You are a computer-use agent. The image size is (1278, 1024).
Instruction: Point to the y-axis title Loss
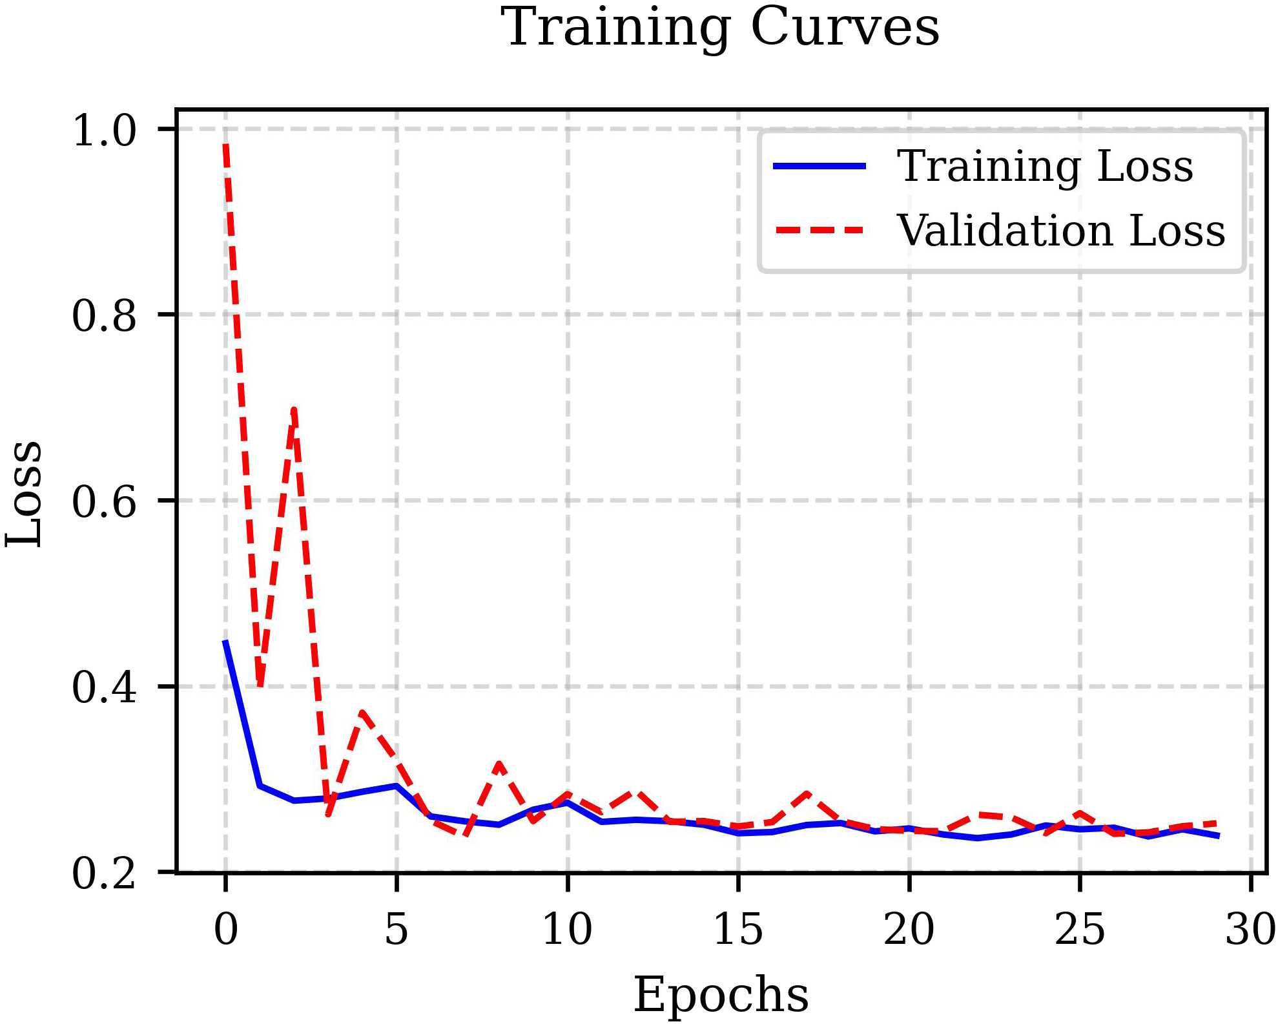coord(25,494)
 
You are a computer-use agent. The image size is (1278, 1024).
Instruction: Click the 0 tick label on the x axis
coord(225,929)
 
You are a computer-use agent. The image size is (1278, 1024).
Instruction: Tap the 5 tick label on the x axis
coord(397,929)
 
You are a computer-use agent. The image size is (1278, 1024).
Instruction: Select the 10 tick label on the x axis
coord(567,929)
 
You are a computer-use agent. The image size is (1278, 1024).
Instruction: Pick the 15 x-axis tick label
coord(738,929)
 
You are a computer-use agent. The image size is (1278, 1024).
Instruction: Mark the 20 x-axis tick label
coord(909,929)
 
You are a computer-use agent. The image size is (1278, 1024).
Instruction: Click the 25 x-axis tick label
coord(1080,929)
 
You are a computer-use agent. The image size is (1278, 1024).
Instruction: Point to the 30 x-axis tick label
coord(1250,929)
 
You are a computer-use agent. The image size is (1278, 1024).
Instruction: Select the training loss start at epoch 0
coord(225,641)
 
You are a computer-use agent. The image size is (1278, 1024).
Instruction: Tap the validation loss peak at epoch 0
coord(225,146)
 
